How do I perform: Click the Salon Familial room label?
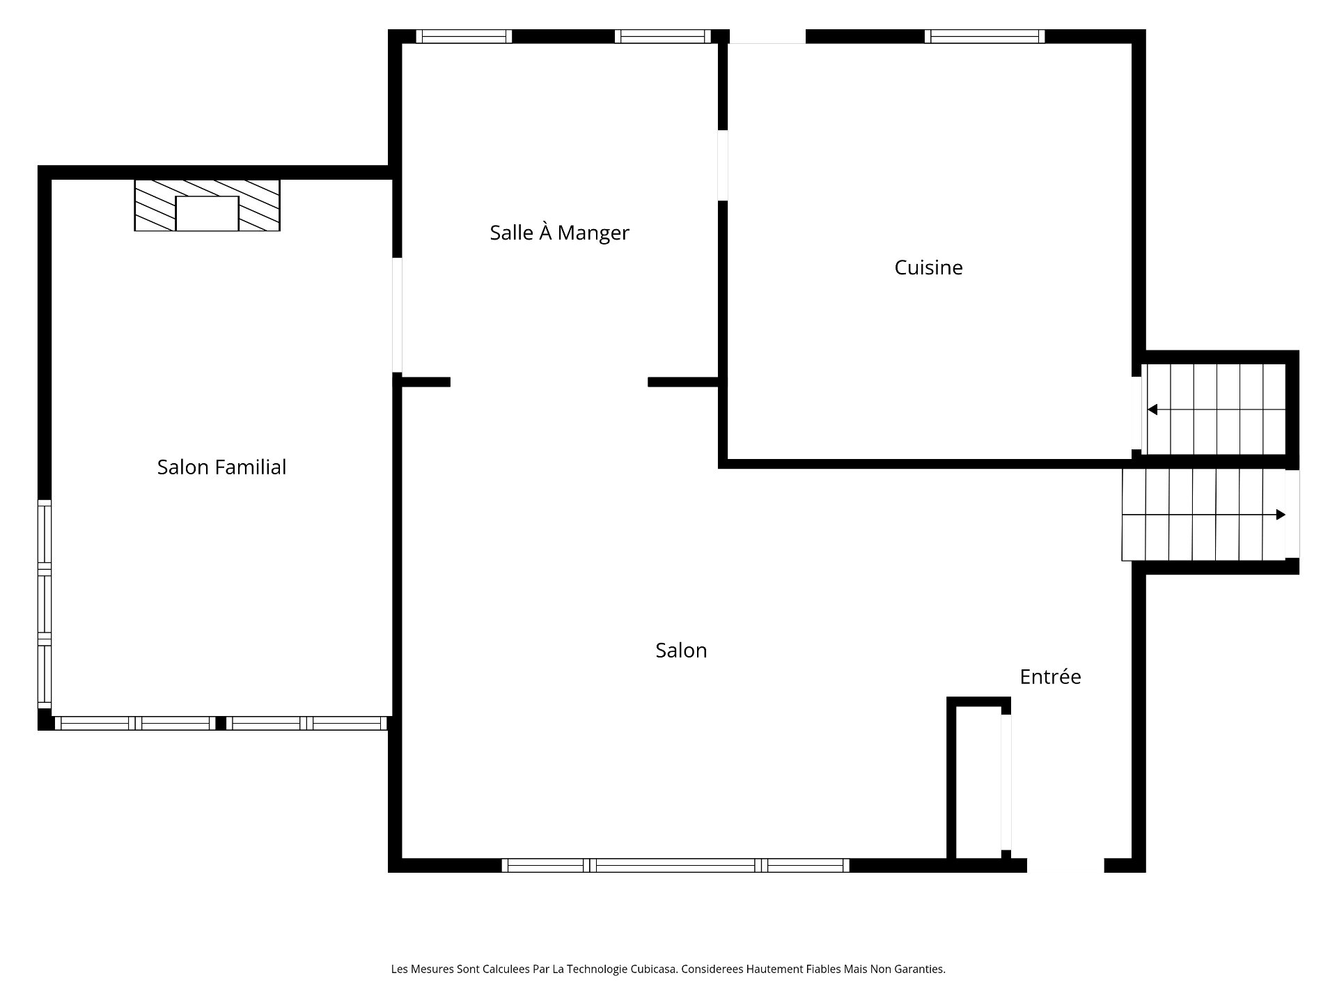tap(221, 467)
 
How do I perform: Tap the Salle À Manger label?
tap(559, 233)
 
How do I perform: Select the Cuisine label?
tap(928, 267)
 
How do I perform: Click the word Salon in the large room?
tap(681, 651)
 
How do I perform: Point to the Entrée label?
tap(1050, 677)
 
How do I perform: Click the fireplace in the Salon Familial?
tap(207, 205)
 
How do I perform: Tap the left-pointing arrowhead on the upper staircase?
tap(1152, 410)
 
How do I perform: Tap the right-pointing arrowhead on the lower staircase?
tap(1280, 515)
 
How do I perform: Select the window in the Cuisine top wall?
tap(984, 36)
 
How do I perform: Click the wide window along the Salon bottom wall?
tap(675, 865)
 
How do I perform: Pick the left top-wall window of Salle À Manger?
tap(464, 36)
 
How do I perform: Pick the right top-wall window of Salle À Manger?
tap(662, 36)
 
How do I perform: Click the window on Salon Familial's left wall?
tap(45, 603)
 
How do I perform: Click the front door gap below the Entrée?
tap(1065, 865)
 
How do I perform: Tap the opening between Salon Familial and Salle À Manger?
tap(397, 315)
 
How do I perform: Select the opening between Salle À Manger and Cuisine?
tap(723, 165)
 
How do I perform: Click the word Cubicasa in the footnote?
tap(652, 969)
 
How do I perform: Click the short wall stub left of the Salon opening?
tap(425, 382)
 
